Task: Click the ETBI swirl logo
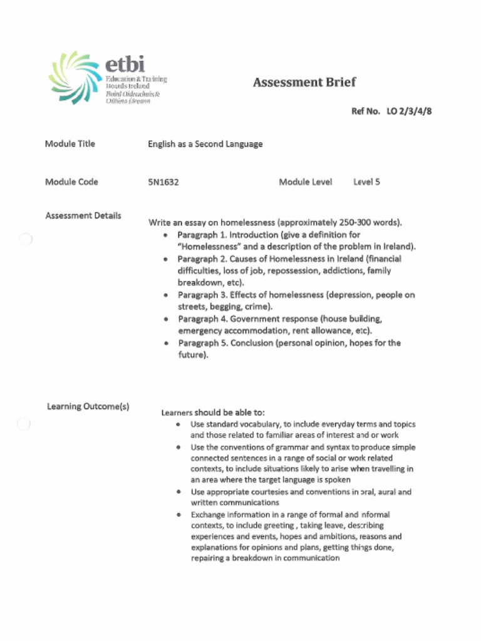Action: (74, 77)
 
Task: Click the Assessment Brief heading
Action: (304, 83)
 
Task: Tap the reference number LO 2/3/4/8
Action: (410, 111)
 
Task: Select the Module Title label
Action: (70, 144)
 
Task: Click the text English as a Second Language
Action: (205, 145)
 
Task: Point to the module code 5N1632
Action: (163, 182)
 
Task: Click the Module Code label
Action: (71, 182)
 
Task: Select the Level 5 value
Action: (366, 182)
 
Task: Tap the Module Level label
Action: (306, 182)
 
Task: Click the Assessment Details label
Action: (83, 216)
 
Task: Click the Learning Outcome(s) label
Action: (88, 407)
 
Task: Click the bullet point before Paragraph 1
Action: (165, 235)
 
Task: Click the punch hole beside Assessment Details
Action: (24, 240)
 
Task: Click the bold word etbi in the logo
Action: (125, 64)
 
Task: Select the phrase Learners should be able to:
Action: (213, 413)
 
